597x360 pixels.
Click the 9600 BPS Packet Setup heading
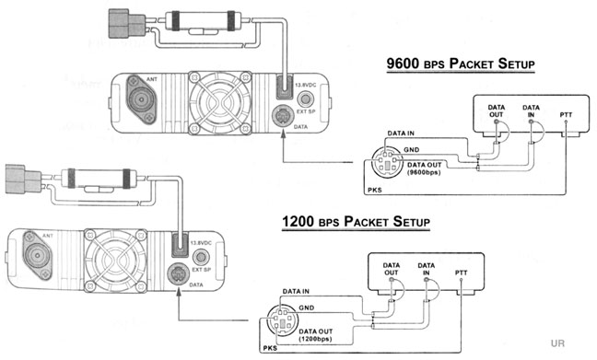pos(461,64)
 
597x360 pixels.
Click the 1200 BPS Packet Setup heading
pos(356,222)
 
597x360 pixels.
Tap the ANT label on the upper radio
pos(151,79)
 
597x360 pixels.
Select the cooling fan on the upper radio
pos(220,103)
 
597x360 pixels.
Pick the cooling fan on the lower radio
pos(115,261)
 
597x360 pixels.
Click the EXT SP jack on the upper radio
pos(305,99)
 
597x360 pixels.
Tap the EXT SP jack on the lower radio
pos(201,257)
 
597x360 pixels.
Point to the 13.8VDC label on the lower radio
pos(201,243)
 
